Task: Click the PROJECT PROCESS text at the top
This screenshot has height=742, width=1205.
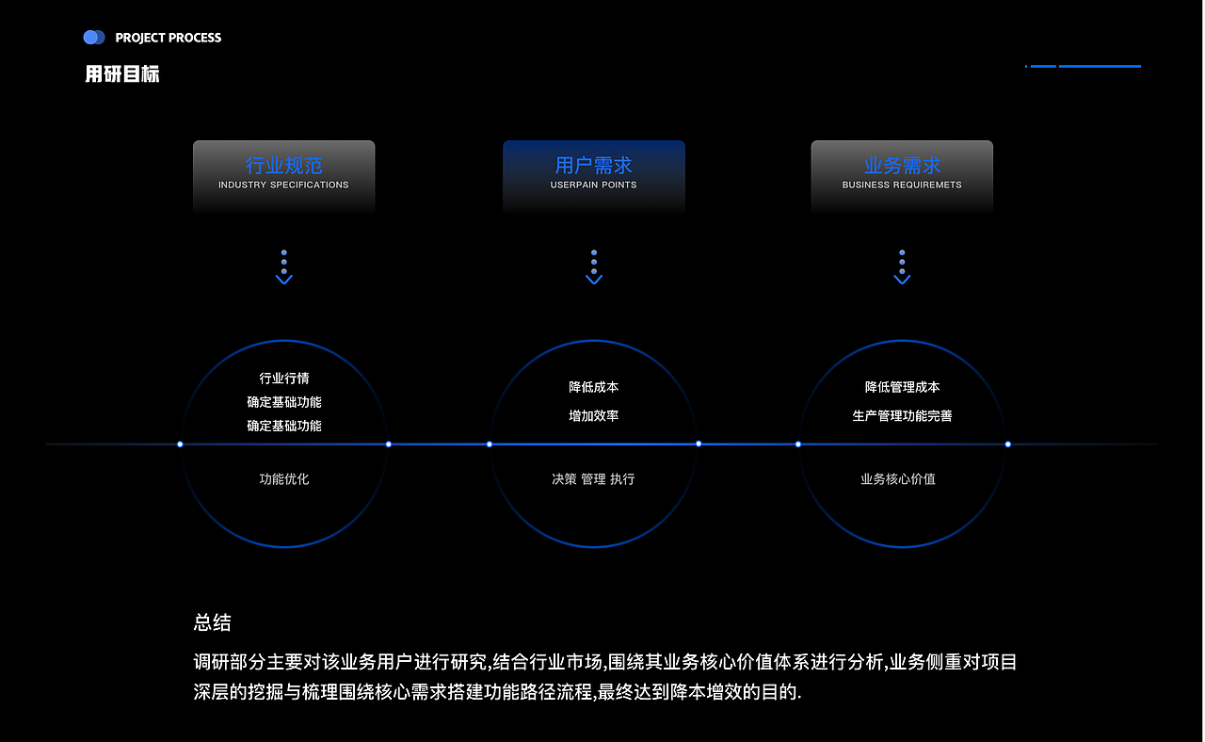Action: point(168,38)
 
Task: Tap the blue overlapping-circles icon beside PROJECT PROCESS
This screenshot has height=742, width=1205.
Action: point(93,38)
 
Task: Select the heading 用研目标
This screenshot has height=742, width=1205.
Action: point(122,74)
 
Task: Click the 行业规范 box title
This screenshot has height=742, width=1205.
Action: point(283,166)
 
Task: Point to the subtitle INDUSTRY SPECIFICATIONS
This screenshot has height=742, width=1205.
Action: point(283,185)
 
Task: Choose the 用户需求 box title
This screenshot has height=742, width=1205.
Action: point(593,166)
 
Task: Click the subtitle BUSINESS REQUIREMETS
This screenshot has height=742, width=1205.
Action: point(902,185)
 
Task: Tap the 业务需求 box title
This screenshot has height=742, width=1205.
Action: point(902,166)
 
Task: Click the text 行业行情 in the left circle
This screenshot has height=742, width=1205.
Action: point(283,379)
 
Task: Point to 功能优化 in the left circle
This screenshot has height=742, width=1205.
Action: point(283,479)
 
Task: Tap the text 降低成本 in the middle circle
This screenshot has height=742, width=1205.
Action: point(593,387)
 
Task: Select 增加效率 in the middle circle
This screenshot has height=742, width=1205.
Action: point(593,415)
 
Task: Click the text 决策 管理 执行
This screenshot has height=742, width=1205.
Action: point(593,479)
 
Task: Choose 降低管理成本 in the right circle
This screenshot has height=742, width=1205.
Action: point(902,387)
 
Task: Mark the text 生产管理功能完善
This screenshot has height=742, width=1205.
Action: point(902,415)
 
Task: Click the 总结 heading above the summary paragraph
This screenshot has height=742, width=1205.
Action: point(212,622)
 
